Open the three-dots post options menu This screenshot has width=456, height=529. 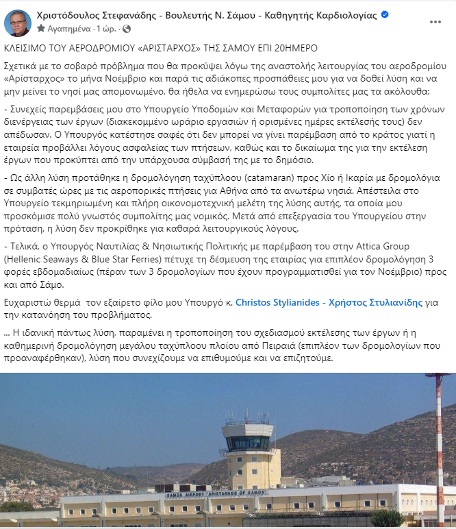[x=435, y=21]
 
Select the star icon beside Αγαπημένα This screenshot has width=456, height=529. [x=41, y=29]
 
